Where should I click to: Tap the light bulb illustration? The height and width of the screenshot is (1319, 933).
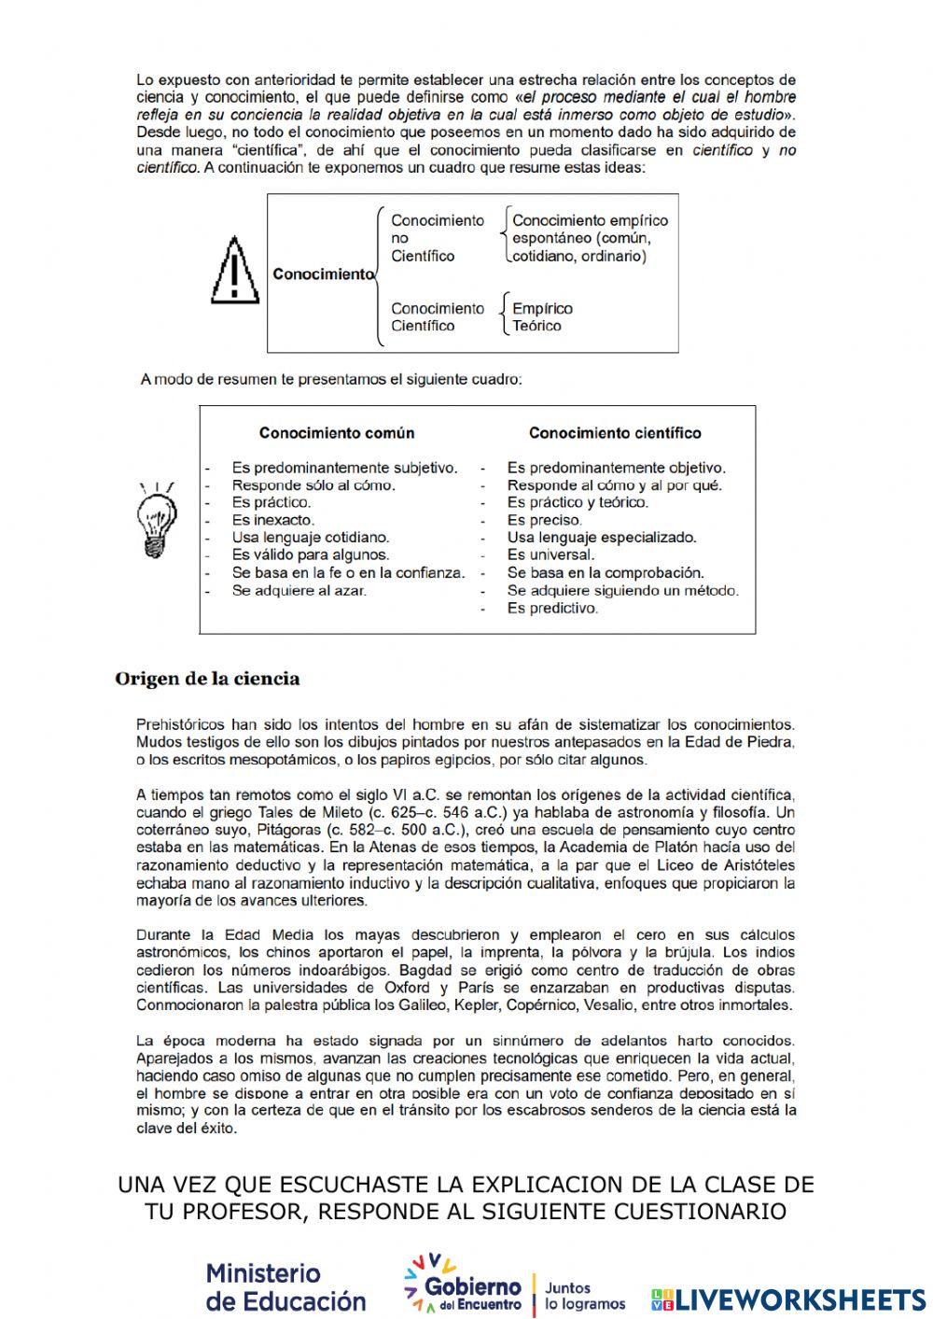click(x=156, y=519)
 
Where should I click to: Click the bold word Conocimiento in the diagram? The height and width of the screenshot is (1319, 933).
click(x=322, y=274)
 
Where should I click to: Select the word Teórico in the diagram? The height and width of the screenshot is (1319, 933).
click(x=536, y=326)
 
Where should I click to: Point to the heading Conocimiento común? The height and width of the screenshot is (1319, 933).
click(x=337, y=433)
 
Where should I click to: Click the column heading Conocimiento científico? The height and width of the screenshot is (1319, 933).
click(x=615, y=433)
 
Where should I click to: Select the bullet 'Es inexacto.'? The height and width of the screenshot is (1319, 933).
click(x=273, y=520)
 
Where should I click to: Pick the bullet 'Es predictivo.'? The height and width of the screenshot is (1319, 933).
click(x=552, y=608)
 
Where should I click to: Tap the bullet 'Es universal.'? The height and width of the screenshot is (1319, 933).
click(x=550, y=554)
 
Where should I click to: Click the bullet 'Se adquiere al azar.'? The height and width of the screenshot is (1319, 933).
click(x=299, y=590)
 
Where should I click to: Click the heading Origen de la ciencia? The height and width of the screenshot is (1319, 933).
click(x=207, y=679)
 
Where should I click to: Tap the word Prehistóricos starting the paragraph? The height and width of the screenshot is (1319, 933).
click(x=179, y=723)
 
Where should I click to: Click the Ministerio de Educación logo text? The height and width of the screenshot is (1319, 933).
click(x=285, y=1287)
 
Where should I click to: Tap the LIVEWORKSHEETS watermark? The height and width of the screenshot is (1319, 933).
click(x=788, y=1299)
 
